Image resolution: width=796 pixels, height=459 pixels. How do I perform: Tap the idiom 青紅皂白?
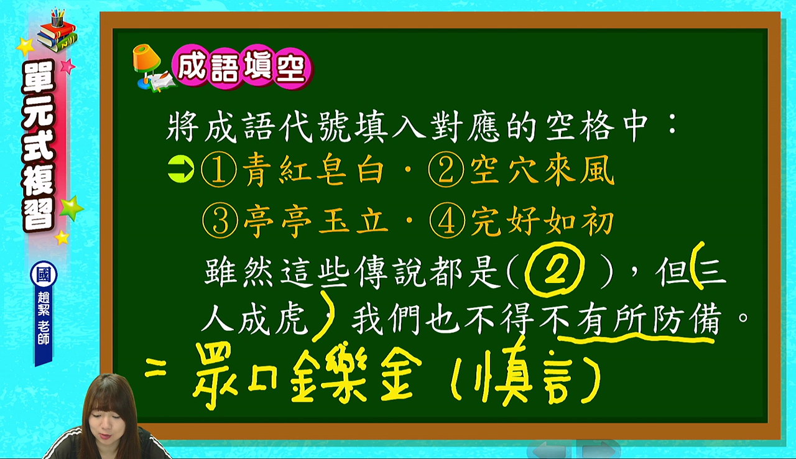(313, 170)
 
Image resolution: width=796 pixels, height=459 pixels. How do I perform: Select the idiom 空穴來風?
(542, 170)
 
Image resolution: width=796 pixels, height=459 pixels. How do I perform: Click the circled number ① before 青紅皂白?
(218, 170)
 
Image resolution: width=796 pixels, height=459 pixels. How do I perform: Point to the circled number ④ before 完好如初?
(447, 222)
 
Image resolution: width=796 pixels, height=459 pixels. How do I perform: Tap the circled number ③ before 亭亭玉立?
(220, 221)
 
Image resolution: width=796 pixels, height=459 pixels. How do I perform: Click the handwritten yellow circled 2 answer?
(554, 270)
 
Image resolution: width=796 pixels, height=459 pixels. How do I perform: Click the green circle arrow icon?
(181, 169)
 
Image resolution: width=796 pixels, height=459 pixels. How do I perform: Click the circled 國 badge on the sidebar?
(44, 275)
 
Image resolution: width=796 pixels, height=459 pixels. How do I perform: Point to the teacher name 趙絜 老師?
(44, 318)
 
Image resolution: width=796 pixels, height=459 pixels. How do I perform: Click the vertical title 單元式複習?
(39, 145)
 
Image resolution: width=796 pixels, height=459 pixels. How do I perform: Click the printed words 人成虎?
(254, 319)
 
